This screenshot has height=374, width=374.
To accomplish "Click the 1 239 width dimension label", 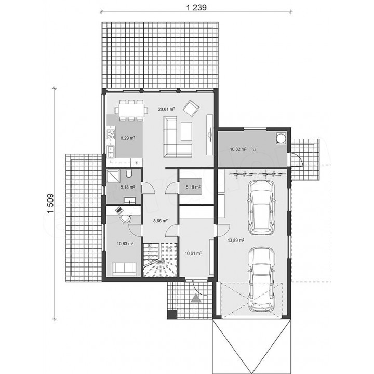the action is click(x=196, y=7).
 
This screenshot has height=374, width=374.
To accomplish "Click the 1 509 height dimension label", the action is click(x=50, y=204).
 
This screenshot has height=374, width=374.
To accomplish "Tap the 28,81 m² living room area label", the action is click(x=166, y=109).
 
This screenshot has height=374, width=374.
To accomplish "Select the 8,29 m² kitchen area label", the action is click(x=128, y=138).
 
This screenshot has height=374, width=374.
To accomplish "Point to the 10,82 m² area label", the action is click(x=238, y=149).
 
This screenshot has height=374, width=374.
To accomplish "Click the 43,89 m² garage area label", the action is click(x=236, y=240).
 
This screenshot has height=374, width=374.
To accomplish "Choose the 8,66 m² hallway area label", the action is click(x=160, y=221).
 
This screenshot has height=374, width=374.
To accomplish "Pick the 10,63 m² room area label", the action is click(x=125, y=244).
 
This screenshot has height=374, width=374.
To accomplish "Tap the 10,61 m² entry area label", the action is click(x=193, y=253).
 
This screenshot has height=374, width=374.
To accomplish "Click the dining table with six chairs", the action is click(x=131, y=110).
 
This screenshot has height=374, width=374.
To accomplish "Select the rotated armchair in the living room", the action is click(x=191, y=108).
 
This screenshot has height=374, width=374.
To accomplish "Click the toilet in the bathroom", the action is click(x=129, y=173).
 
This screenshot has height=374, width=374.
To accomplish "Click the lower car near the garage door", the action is click(x=261, y=279).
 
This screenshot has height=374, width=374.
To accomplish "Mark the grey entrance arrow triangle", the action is click(x=196, y=298).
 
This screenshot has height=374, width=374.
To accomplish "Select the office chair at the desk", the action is click(x=126, y=219).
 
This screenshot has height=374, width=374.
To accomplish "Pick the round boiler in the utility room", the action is click(x=281, y=139).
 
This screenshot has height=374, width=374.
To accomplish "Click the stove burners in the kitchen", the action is click(x=111, y=135).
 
